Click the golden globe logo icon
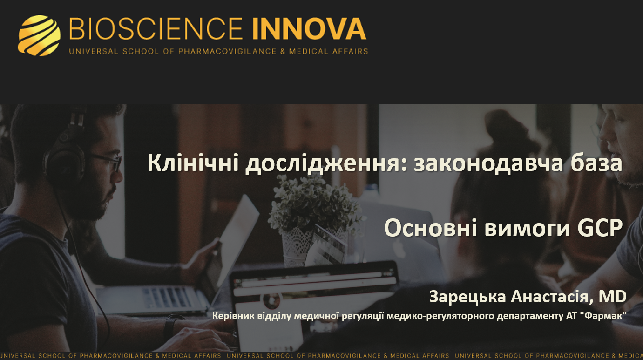point(39,35)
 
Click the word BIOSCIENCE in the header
point(156,29)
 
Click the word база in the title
point(597,164)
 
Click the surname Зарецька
point(467,296)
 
